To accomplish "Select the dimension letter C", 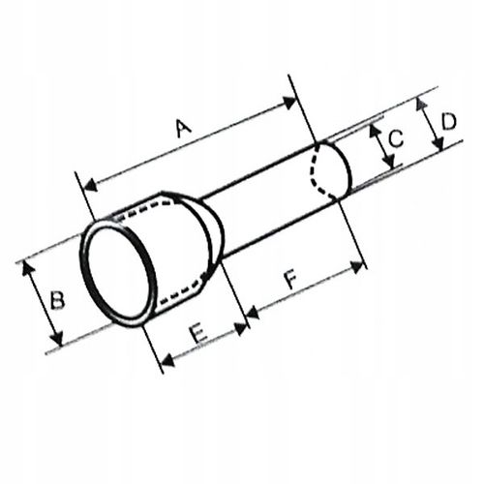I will tap(394, 140).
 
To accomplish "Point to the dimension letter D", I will tap(448, 123).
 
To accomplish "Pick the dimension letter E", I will tap(197, 332).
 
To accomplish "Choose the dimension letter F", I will tap(289, 284).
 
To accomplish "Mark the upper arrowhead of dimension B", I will tap(28, 263).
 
